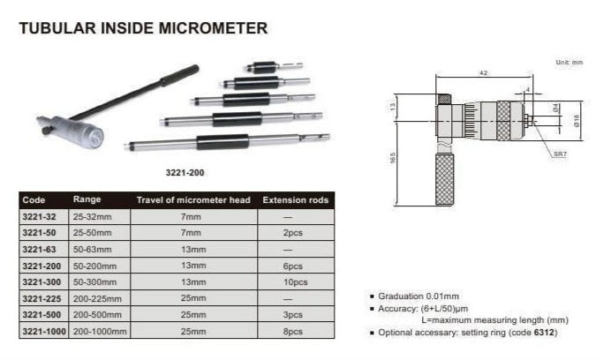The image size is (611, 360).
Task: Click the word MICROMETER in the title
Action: (213, 28)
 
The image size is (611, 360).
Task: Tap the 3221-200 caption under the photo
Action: (185, 173)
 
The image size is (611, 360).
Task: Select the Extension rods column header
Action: (296, 200)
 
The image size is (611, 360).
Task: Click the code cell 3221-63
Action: (39, 250)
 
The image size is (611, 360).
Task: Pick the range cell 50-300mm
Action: (94, 282)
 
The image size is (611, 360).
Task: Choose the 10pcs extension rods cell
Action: (296, 282)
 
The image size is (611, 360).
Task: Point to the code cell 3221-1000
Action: (43, 332)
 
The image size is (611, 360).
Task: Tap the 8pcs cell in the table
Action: (292, 332)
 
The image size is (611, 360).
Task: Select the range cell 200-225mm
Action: (97, 299)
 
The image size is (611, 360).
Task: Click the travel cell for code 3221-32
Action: (191, 217)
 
